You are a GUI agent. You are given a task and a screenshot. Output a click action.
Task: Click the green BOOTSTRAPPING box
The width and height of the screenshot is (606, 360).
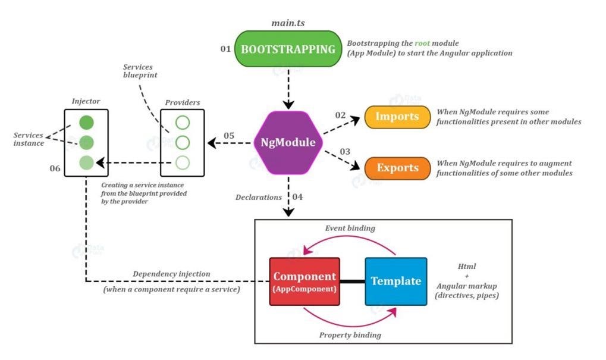[x=288, y=49]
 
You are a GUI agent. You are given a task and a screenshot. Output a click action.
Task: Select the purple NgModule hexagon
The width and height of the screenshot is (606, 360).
[x=288, y=143]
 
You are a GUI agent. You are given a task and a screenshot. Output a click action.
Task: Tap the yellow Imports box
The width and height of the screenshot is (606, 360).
[x=397, y=117]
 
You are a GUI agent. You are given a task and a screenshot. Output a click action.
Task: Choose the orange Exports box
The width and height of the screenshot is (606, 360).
[x=397, y=168]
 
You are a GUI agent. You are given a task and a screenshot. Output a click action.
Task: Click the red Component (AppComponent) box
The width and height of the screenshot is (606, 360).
[x=304, y=281]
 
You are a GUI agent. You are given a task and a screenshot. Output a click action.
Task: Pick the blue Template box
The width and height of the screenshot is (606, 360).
[x=396, y=281]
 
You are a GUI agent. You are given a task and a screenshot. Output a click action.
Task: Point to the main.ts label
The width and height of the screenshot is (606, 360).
[x=288, y=23]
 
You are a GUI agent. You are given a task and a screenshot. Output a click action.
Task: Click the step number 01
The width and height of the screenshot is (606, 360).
[x=226, y=49]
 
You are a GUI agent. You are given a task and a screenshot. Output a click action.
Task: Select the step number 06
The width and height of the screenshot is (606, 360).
[x=55, y=168]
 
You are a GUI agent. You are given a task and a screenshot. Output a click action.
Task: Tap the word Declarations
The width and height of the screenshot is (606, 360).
[x=259, y=197]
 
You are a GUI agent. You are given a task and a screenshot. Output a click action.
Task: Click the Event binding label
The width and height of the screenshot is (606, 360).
[x=350, y=228]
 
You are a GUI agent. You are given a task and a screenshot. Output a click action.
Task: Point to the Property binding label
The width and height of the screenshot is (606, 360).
[x=350, y=335]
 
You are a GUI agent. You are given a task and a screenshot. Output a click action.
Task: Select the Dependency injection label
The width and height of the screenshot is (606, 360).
[x=172, y=274]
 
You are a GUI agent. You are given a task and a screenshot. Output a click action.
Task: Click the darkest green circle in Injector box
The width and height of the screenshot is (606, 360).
[x=86, y=123]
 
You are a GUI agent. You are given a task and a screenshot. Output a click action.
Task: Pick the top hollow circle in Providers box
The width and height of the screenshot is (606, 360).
[x=183, y=123]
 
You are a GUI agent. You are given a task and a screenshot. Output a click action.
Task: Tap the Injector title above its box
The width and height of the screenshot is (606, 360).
[x=86, y=101]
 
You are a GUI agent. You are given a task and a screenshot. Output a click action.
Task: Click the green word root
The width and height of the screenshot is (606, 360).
[x=422, y=43]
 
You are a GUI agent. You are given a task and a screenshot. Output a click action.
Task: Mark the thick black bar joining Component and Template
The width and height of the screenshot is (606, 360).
[x=353, y=281]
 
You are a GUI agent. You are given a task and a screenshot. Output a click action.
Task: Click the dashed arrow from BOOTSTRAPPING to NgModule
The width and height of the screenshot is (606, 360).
[x=288, y=89]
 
